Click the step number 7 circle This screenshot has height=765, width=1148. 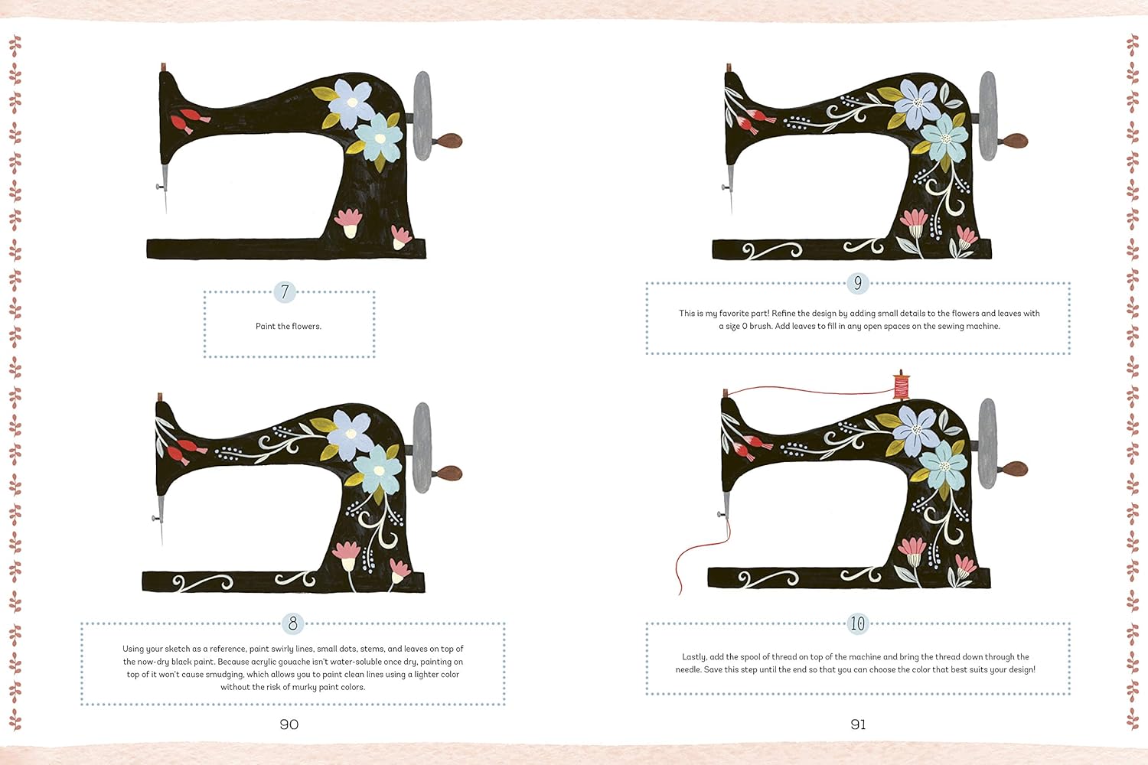[285, 291]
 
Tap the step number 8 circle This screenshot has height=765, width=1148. [292, 623]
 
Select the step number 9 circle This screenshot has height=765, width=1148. [858, 283]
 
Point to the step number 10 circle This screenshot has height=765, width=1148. [857, 623]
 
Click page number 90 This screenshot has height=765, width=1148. [289, 724]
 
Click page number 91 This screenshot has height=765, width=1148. [858, 724]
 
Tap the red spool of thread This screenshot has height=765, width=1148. [901, 385]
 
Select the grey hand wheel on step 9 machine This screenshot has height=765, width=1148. [988, 116]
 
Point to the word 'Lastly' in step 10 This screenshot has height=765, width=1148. [694, 657]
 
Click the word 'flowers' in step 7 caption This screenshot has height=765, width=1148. [306, 326]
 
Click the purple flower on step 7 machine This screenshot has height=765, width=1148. [351, 103]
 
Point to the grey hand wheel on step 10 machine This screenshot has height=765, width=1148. [987, 444]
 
